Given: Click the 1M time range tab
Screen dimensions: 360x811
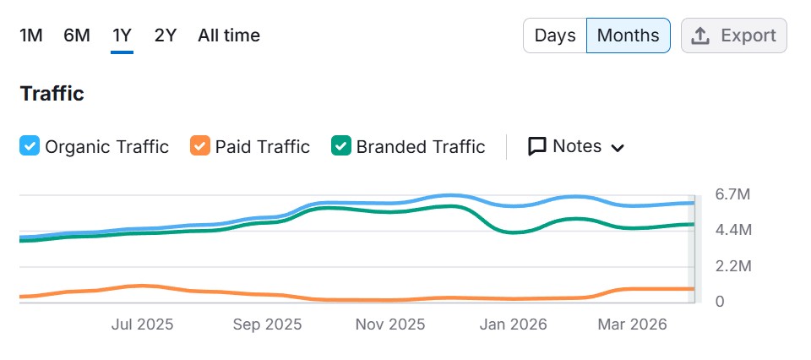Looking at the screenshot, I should point(31,35).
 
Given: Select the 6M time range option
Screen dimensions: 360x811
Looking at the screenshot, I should point(77,35).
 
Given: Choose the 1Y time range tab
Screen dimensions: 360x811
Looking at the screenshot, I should point(122,35).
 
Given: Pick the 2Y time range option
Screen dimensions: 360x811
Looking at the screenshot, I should point(166,35).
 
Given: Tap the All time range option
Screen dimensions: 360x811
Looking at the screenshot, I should point(229,35).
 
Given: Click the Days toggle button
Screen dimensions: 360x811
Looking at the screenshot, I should point(555,35).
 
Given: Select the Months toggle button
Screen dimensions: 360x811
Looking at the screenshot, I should point(628,35).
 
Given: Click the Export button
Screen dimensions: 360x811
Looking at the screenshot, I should point(733,35).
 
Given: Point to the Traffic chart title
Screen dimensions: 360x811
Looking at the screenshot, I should point(52,93).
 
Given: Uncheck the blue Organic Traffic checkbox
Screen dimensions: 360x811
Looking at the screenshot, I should point(29,146).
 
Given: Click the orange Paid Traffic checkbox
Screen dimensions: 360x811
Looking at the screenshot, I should point(199,146).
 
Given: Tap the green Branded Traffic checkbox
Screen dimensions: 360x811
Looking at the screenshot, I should point(340,146).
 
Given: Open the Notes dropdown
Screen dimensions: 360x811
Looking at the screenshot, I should point(576,146).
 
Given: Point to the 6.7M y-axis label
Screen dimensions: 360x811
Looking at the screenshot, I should point(732,194).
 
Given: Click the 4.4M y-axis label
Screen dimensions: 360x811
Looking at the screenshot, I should point(732,230).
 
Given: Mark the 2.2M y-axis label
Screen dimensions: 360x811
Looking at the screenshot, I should point(732,266).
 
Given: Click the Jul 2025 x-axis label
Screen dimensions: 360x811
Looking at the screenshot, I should point(142,325).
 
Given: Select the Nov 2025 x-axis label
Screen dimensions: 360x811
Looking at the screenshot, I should point(390,325).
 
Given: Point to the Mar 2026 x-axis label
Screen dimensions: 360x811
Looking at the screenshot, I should point(633,325).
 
